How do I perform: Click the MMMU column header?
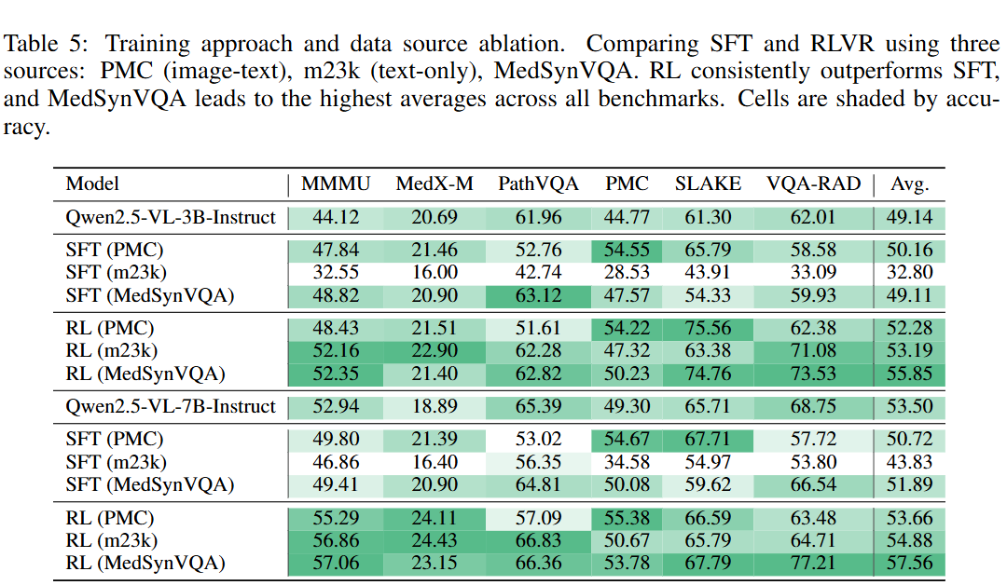pyautogui.click(x=336, y=184)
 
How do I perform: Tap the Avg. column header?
pyautogui.click(x=909, y=184)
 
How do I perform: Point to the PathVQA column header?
pyautogui.click(x=538, y=184)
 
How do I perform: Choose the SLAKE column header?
pyautogui.click(x=708, y=184)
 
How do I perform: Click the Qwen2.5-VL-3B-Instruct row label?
pyautogui.click(x=171, y=218)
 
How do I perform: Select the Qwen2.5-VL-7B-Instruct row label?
pyautogui.click(x=171, y=406)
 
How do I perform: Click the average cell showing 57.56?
pyautogui.click(x=909, y=563)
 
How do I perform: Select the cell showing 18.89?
pyautogui.click(x=435, y=406)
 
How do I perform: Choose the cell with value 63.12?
pyautogui.click(x=538, y=293)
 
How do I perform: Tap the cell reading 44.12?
pyautogui.click(x=336, y=218)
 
